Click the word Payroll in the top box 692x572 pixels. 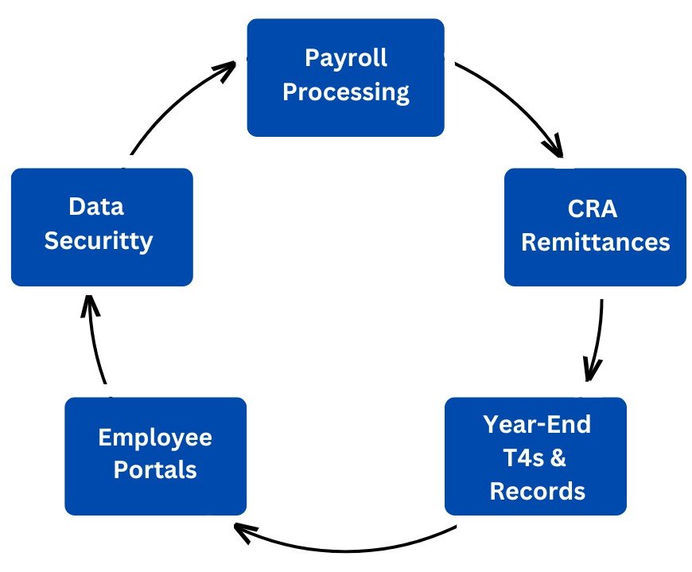(346, 58)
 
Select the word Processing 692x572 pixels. (346, 92)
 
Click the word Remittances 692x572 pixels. (595, 242)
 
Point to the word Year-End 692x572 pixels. (537, 424)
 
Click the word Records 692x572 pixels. (537, 491)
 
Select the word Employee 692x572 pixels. (155, 437)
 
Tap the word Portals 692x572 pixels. (155, 469)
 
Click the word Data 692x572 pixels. (96, 207)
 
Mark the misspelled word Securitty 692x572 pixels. (99, 240)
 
